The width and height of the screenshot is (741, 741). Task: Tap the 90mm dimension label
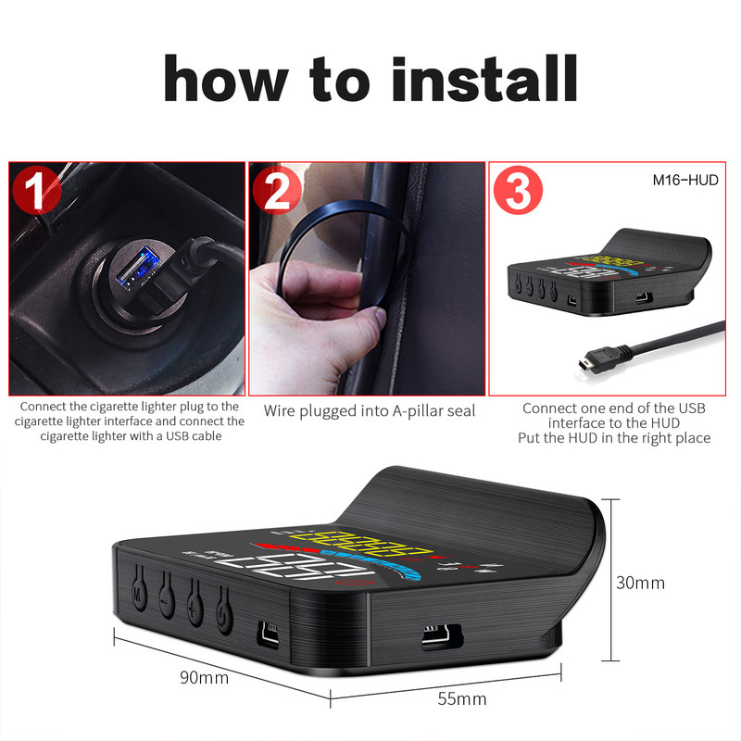(x=204, y=677)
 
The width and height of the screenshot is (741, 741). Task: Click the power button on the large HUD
(x=222, y=613)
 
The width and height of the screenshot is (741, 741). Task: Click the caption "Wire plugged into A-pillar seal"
(x=370, y=409)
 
